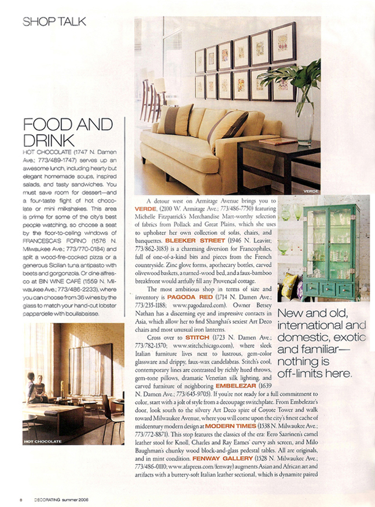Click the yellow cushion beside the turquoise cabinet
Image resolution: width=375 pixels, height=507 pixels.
[288, 285]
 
